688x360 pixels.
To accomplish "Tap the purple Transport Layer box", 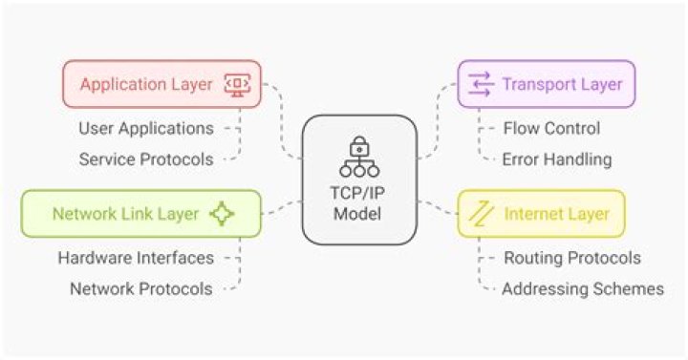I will (546, 84).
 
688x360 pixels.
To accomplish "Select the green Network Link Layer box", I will (140, 213).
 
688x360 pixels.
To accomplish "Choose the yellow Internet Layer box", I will (541, 213).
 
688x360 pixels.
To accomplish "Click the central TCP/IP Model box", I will (359, 179).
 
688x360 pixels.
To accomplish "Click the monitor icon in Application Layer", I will (237, 84).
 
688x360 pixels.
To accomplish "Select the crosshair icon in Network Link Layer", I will (221, 213).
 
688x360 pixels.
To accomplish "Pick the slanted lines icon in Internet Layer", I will (484, 214).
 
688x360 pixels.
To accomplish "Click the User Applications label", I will (146, 127).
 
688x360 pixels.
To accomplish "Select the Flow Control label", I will (551, 127).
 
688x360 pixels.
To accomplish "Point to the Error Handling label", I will (557, 159).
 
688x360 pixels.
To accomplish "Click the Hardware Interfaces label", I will (136, 257).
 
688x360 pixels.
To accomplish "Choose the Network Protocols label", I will (140, 288).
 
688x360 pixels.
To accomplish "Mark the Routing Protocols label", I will (571, 257).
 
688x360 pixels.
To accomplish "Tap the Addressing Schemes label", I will (582, 288).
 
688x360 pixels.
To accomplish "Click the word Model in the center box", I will (359, 211).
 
